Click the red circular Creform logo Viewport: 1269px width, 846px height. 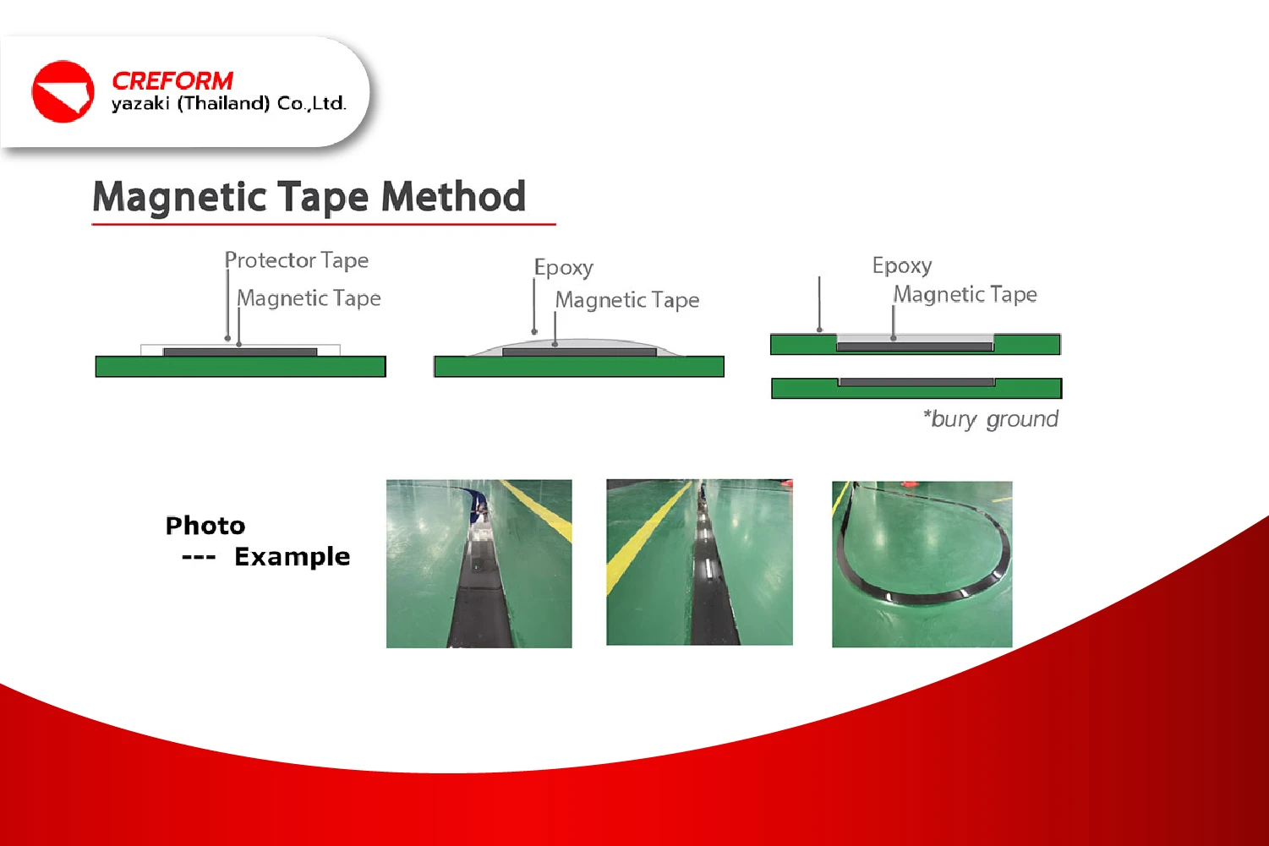tap(63, 91)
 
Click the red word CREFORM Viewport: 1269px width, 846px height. tap(172, 81)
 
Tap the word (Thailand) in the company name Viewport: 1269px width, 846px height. tap(224, 103)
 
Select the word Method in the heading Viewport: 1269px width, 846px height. tap(453, 196)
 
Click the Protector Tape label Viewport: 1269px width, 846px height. tap(296, 260)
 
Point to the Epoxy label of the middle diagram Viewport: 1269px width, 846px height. tap(564, 267)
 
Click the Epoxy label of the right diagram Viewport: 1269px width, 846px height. tap(902, 265)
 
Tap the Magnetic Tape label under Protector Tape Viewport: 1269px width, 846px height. tap(309, 297)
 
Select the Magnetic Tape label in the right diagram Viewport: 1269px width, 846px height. tap(965, 294)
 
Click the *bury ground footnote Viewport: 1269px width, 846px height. tap(990, 419)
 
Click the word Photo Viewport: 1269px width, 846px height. tap(205, 526)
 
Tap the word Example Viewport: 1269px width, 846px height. tap(293, 557)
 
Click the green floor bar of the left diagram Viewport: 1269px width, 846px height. tap(240, 366)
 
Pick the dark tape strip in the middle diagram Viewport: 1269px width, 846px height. tap(580, 352)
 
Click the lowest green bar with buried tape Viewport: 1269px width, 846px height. tap(916, 389)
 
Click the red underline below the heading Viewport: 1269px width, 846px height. tap(324, 224)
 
